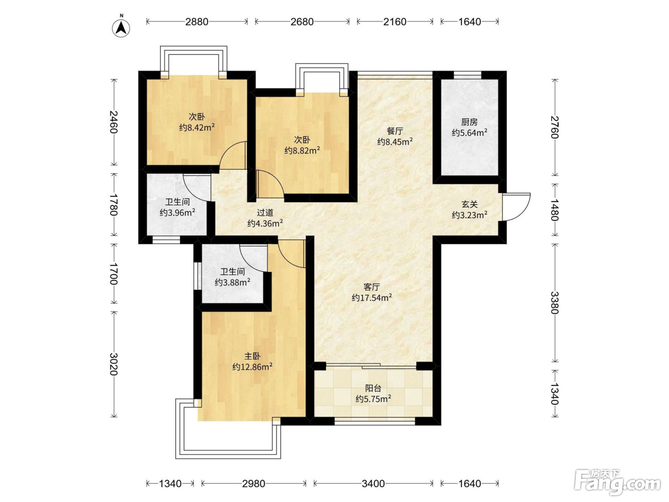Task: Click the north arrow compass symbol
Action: pyautogui.click(x=121, y=28)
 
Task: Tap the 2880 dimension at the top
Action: pyautogui.click(x=197, y=22)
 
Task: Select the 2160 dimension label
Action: pyautogui.click(x=395, y=22)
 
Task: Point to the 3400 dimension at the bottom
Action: pyautogui.click(x=373, y=483)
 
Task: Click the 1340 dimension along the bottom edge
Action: pyautogui.click(x=170, y=483)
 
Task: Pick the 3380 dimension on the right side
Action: pyautogui.click(x=555, y=303)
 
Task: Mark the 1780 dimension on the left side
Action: pyautogui.click(x=114, y=205)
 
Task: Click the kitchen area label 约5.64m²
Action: pyautogui.click(x=469, y=132)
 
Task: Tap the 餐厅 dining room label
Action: pyautogui.click(x=395, y=131)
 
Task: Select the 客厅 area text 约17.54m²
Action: pyautogui.click(x=372, y=297)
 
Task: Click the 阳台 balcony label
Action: pyautogui.click(x=373, y=388)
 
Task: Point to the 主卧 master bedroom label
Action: pyautogui.click(x=252, y=356)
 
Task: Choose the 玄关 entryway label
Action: pyautogui.click(x=469, y=204)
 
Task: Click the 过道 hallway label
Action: pyautogui.click(x=265, y=212)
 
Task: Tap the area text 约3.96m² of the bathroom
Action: pyautogui.click(x=177, y=212)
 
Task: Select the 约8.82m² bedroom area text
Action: pyautogui.click(x=302, y=150)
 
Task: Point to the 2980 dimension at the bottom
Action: pyautogui.click(x=254, y=483)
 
